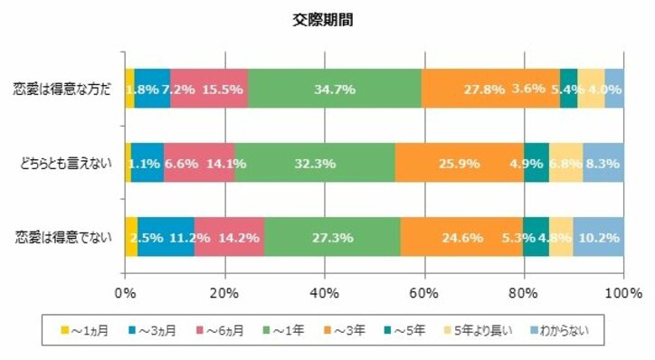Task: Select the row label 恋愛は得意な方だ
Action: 62,89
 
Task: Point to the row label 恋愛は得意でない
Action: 64,238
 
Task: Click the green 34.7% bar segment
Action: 334,89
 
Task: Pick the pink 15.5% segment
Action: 209,89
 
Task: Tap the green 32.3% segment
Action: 315,164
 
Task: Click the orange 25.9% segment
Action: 459,164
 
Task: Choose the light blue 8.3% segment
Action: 603,164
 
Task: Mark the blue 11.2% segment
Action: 166,239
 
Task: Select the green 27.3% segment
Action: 333,239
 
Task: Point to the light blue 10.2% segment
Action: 598,239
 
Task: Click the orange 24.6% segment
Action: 461,239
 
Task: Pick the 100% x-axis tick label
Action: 622,293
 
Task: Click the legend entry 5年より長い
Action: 477,330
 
